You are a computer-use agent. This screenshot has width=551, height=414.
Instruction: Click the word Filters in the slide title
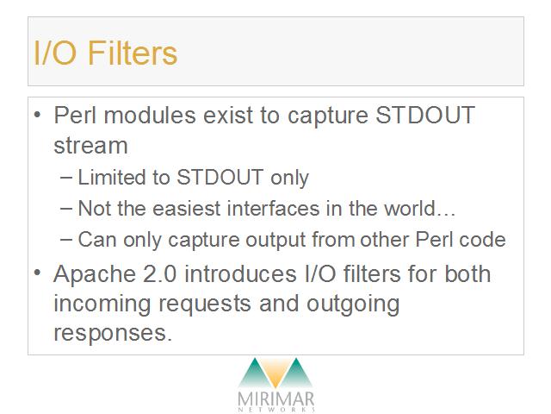132,53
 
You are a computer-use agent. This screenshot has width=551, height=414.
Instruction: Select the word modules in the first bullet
150,115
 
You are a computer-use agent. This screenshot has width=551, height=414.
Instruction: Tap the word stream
90,146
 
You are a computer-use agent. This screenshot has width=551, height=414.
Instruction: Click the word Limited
111,177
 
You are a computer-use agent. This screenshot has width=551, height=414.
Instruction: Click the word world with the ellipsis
419,208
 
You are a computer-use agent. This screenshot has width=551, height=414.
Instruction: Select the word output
275,240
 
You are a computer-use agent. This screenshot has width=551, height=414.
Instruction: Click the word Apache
95,274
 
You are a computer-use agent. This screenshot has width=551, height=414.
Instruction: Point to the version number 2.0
159,274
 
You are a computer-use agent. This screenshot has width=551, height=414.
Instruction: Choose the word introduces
240,274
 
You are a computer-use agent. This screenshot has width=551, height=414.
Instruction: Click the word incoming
102,304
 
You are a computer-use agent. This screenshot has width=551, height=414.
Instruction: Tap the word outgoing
353,304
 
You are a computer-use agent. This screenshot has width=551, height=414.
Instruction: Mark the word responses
113,334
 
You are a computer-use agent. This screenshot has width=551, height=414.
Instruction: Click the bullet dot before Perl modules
37,115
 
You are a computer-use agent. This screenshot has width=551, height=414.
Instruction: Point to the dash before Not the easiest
66,209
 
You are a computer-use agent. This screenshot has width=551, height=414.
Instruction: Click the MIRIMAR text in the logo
275,399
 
